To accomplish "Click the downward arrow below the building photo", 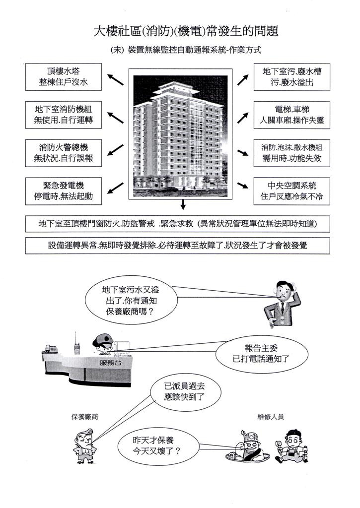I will coord(183,204).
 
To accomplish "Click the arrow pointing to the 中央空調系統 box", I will coord(242,186).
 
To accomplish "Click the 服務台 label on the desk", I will coord(109,363).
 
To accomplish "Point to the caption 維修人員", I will coord(271,417).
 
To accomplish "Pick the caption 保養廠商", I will coord(84,417).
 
